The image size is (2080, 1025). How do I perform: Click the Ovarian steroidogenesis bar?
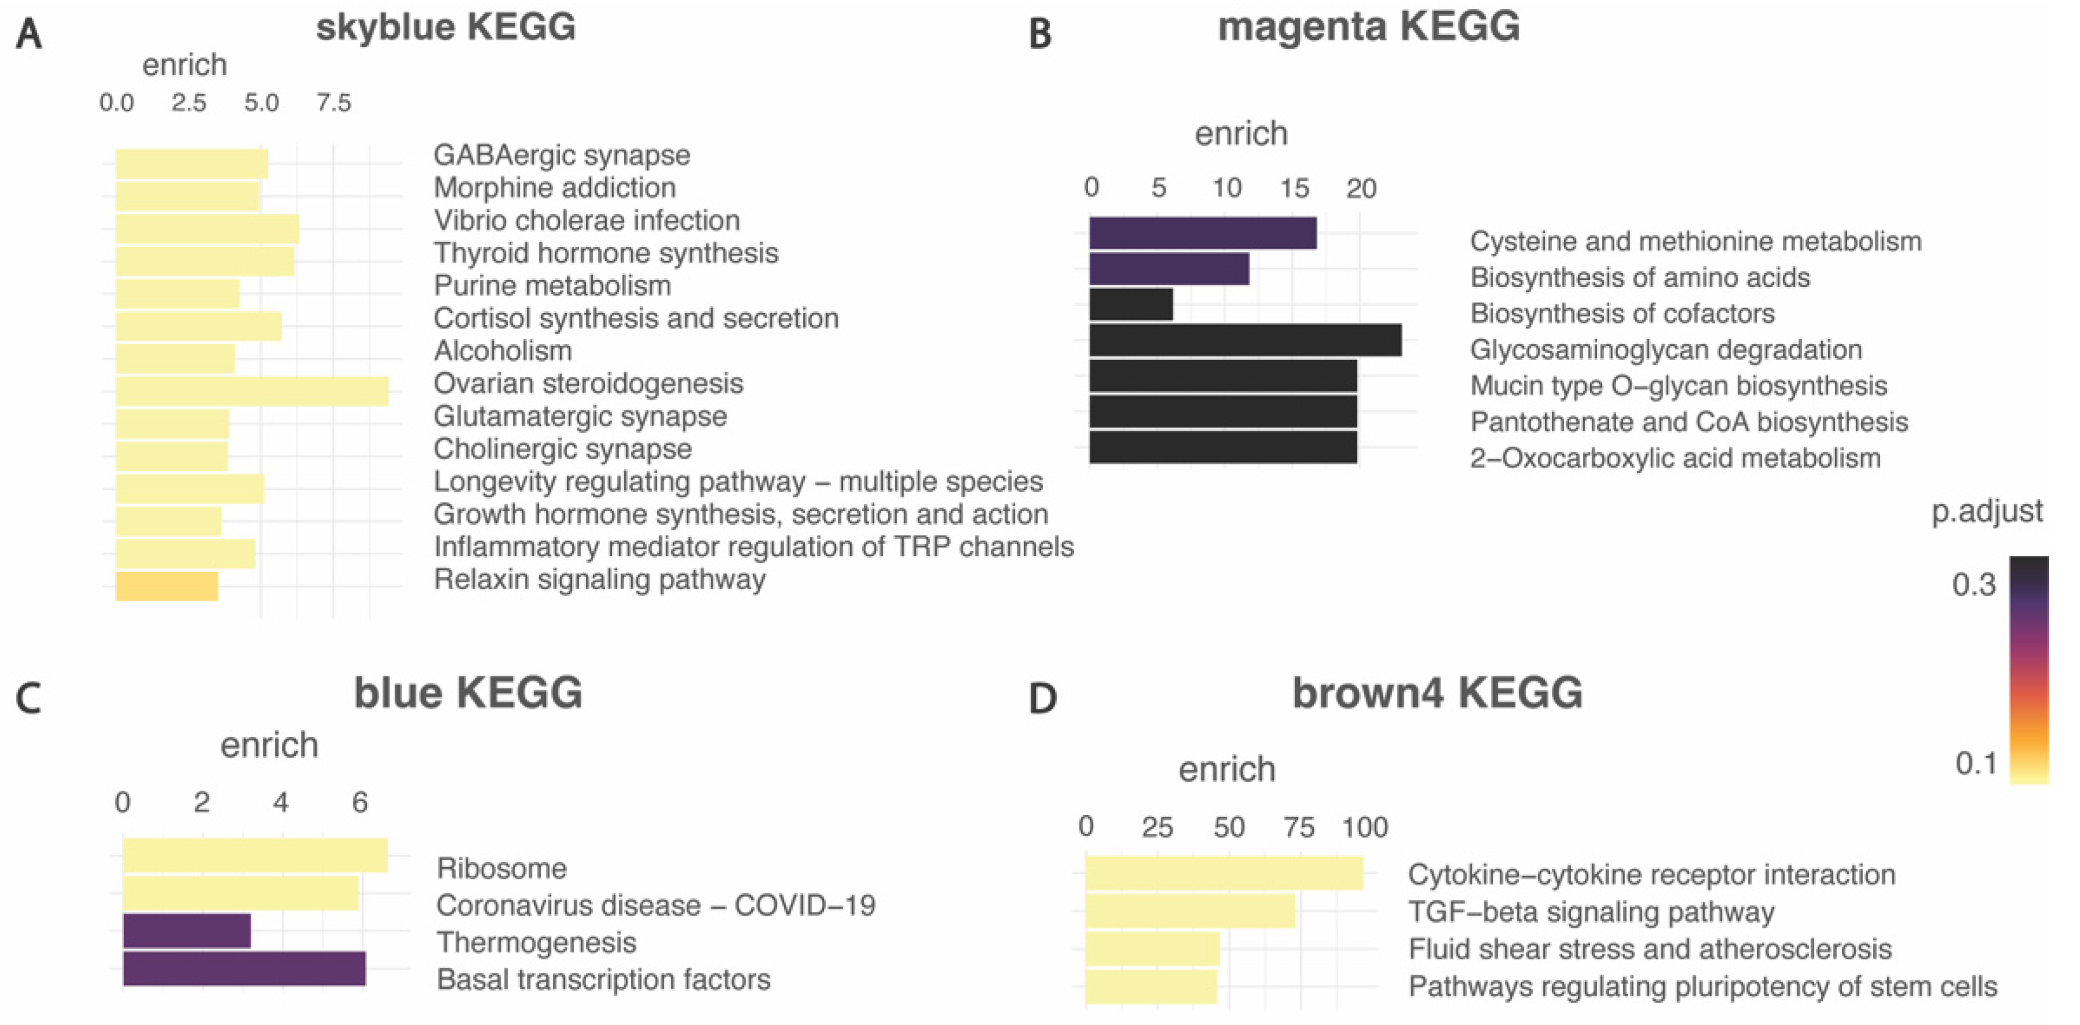point(252,391)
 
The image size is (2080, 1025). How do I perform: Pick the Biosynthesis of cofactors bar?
point(1131,305)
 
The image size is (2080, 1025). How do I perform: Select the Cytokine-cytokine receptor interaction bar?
point(1224,873)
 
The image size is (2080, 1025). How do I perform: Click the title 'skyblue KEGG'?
point(445,27)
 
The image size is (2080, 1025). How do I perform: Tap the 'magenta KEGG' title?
point(1368,27)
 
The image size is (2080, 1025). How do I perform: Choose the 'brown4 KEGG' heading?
point(1437,693)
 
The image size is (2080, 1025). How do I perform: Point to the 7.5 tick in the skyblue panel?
point(333,103)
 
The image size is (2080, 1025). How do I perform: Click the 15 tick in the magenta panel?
point(1294,188)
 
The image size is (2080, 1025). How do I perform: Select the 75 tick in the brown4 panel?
point(1299,827)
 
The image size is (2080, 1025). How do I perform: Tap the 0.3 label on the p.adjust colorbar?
point(1973,584)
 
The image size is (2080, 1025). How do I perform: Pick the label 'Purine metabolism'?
point(552,285)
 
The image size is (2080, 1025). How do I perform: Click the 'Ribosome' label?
point(501,868)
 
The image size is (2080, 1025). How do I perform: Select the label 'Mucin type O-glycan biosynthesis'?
point(1678,386)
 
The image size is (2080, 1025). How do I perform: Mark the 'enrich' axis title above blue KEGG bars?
point(269,744)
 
